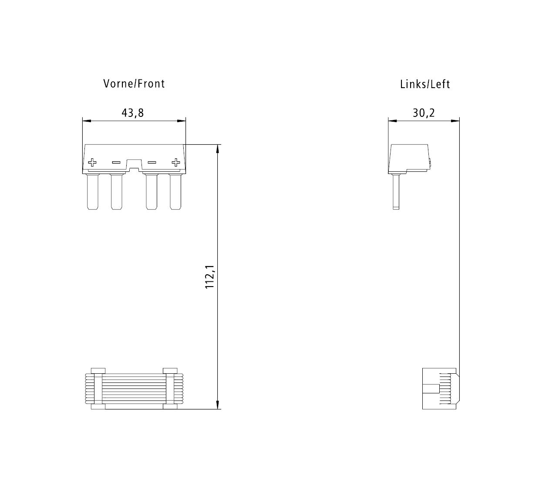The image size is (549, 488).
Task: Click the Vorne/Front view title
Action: pyautogui.click(x=134, y=83)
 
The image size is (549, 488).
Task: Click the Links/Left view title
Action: pyautogui.click(x=424, y=84)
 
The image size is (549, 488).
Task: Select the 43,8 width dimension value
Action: pyautogui.click(x=132, y=113)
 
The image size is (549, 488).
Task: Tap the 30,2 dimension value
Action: pyautogui.click(x=423, y=113)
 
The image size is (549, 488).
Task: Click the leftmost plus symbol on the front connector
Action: pyautogui.click(x=92, y=163)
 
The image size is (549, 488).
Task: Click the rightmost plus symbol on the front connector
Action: pyautogui.click(x=176, y=163)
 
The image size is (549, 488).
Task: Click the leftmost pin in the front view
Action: pyautogui.click(x=92, y=192)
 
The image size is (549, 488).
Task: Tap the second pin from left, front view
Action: pyautogui.click(x=116, y=192)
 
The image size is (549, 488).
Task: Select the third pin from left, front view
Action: pyautogui.click(x=152, y=192)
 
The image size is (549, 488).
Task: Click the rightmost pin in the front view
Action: pyautogui.click(x=175, y=192)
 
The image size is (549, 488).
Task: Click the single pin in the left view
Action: pyautogui.click(x=395, y=192)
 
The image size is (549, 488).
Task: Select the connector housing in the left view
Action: pyautogui.click(x=409, y=158)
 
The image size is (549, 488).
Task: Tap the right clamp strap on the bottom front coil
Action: pyautogui.click(x=170, y=388)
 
